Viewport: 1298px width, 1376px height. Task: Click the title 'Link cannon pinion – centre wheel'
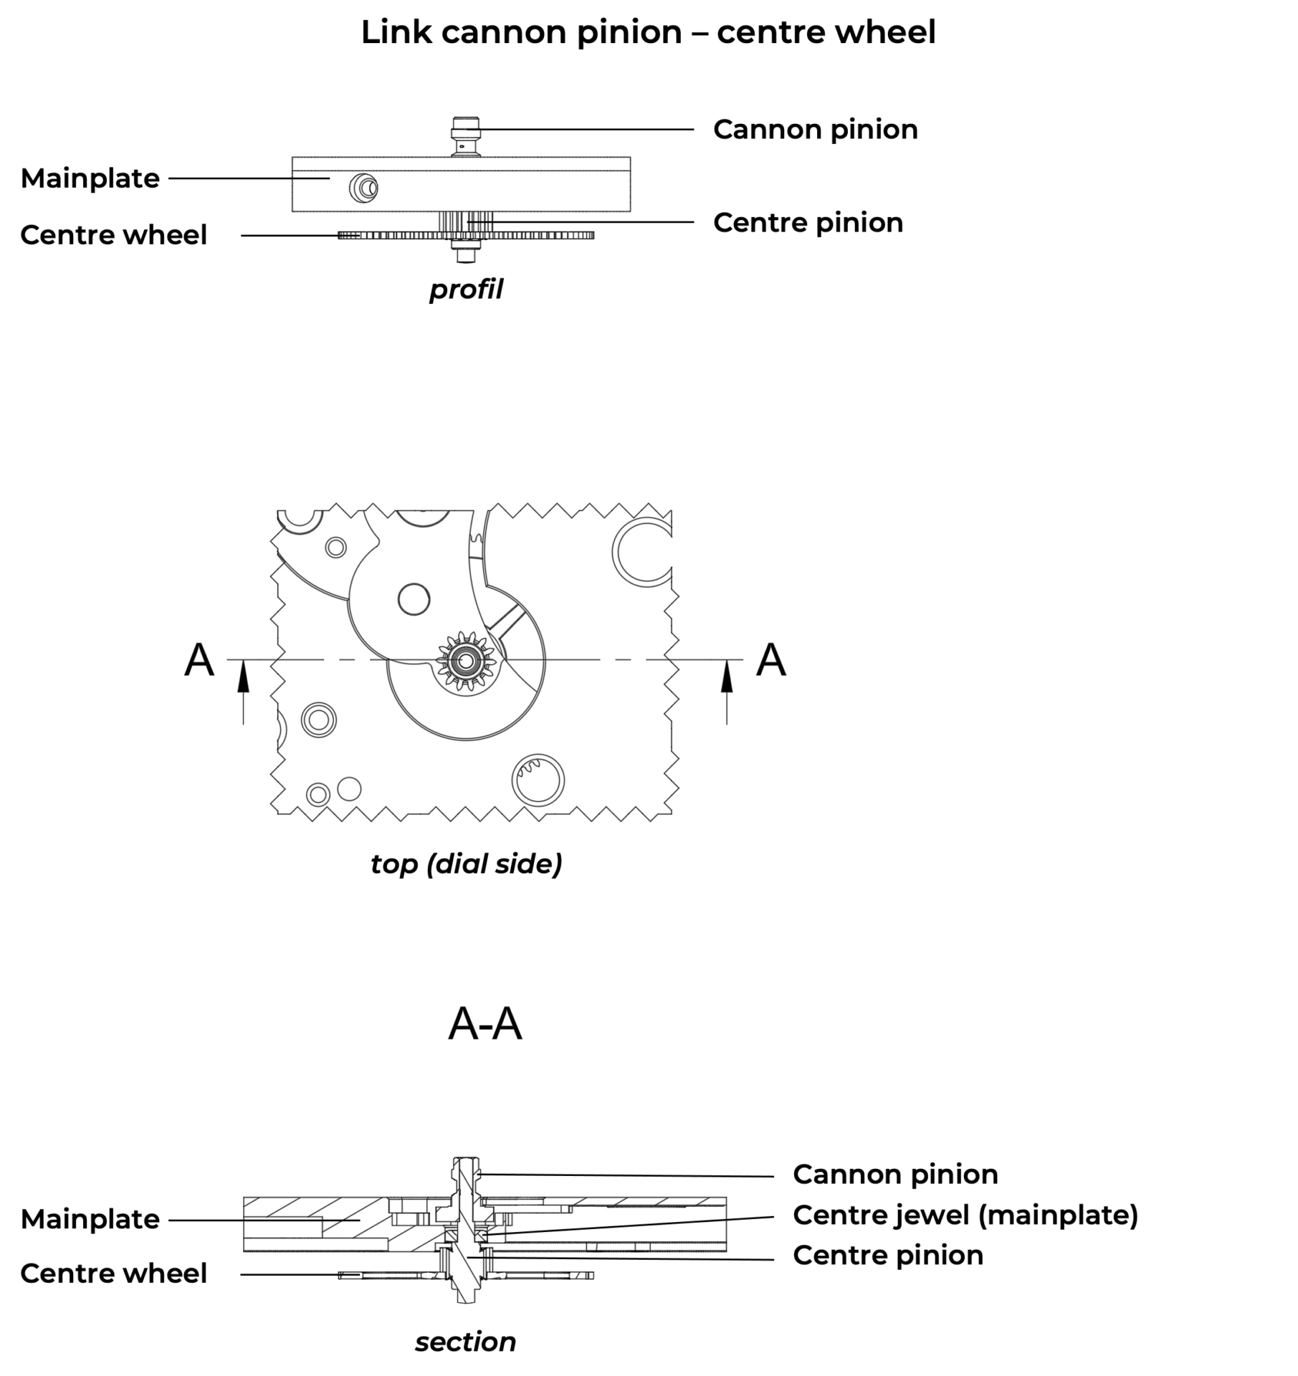(648, 33)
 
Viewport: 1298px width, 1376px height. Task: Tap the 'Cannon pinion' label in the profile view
(815, 130)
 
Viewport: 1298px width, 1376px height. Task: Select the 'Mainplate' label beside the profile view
(90, 178)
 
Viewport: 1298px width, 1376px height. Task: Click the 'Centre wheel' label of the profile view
(113, 235)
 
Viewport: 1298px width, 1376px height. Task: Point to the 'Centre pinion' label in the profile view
(808, 223)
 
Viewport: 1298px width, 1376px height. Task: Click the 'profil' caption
(466, 290)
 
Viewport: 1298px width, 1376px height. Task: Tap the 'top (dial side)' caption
(466, 864)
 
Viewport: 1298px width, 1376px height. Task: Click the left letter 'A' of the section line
(199, 659)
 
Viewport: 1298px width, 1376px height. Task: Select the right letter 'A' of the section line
(771, 659)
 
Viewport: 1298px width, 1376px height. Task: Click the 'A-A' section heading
(485, 1025)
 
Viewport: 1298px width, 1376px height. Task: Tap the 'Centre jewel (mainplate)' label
(965, 1215)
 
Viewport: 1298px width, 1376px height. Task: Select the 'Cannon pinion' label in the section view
(895, 1175)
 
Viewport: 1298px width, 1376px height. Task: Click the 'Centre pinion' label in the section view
(887, 1256)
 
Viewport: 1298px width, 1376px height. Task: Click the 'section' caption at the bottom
(466, 1342)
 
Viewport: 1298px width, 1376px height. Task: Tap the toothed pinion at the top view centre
(466, 659)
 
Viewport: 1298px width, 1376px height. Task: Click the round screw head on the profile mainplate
(364, 188)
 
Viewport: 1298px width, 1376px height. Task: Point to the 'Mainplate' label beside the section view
(90, 1219)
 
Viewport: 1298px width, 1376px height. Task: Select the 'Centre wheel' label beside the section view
(113, 1274)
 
